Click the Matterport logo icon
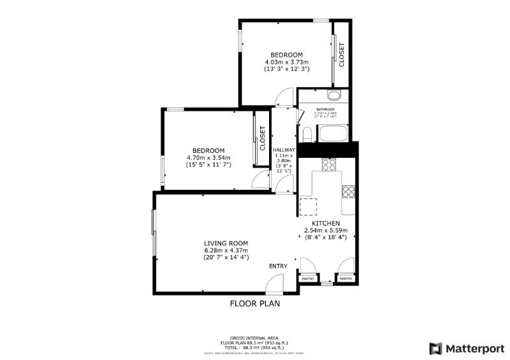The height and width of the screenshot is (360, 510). pyautogui.click(x=436, y=349)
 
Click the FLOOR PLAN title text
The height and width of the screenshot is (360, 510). pyautogui.click(x=254, y=304)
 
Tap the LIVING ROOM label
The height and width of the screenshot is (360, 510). pyautogui.click(x=226, y=243)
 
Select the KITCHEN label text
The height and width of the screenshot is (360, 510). pyautogui.click(x=321, y=223)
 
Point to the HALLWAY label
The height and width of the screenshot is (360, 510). pyautogui.click(x=284, y=150)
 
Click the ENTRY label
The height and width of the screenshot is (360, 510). pyautogui.click(x=278, y=266)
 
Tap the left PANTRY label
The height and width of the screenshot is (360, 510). pyautogui.click(x=307, y=278)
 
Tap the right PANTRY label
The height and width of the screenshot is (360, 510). pyautogui.click(x=346, y=278)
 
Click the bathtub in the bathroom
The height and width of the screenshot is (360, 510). pyautogui.click(x=332, y=134)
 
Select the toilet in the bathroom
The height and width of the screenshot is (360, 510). pyautogui.click(x=307, y=134)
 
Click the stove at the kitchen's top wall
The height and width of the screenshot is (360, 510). pyautogui.click(x=329, y=165)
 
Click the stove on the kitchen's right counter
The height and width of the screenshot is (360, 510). pyautogui.click(x=349, y=191)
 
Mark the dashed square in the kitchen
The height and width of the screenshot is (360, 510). pyautogui.click(x=309, y=206)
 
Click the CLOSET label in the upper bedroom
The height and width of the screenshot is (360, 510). pyautogui.click(x=342, y=55)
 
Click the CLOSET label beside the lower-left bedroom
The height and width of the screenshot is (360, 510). pyautogui.click(x=262, y=138)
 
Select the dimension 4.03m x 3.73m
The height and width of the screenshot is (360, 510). pyautogui.click(x=286, y=62)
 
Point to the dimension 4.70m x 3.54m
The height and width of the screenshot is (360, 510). pyautogui.click(x=208, y=157)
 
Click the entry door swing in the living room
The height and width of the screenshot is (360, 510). pyautogui.click(x=273, y=283)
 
